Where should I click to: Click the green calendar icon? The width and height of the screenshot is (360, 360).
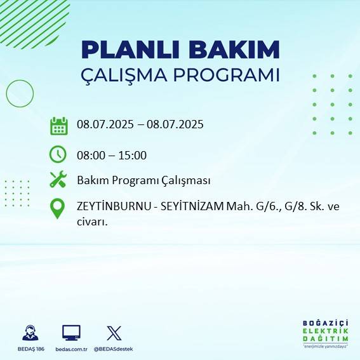pos(59,126)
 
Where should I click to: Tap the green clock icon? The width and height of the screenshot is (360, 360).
pos(58,154)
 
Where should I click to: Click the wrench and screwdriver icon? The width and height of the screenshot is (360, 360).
pos(58,180)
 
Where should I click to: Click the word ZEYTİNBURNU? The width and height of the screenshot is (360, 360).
pos(112,206)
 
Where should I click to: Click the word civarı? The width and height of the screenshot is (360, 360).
pos(91,222)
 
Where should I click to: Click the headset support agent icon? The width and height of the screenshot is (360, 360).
pos(29,333)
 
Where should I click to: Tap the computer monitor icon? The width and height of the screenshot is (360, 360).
pos(71,333)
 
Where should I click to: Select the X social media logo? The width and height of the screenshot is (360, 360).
pos(114,333)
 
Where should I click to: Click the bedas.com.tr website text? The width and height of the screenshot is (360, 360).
pos(70,349)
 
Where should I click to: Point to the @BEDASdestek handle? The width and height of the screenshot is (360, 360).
pos(114,349)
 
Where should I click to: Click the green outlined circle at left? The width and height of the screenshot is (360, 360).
pos(19,93)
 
